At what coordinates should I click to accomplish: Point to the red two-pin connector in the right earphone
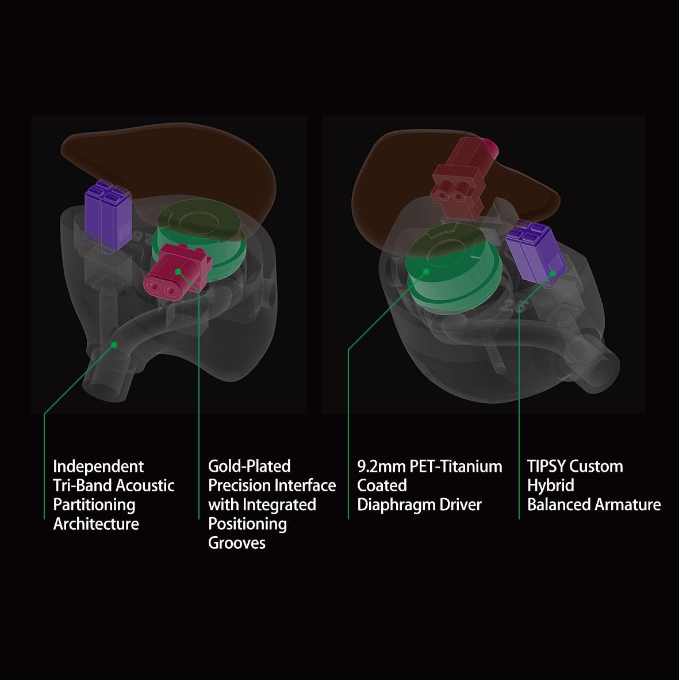pos(460,178)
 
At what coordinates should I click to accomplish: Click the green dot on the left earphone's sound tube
pos(114,345)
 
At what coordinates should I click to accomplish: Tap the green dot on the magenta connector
pos(178,272)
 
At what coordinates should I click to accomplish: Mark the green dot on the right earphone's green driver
pos(426,271)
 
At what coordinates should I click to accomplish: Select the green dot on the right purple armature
pos(553,273)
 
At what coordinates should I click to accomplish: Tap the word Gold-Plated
pos(249,466)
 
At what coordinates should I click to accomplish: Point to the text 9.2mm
pos(381,466)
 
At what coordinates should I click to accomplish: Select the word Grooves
pos(236,543)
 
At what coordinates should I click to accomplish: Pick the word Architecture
pos(96,524)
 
